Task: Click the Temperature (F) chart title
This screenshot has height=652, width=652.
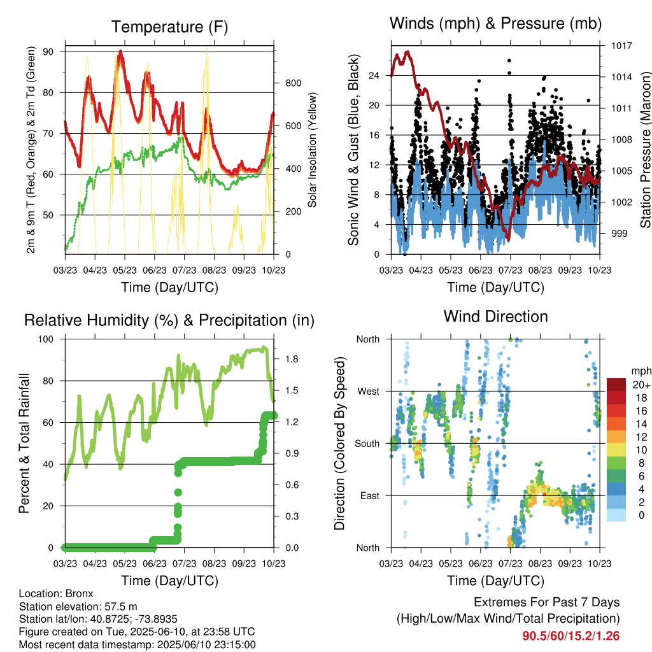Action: tap(169, 27)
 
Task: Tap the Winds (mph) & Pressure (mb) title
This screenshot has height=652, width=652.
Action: tap(495, 24)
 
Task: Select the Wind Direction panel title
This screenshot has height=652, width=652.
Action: tap(495, 316)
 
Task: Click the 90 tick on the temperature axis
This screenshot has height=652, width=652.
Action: tap(48, 52)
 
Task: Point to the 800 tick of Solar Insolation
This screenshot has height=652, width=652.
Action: tap(293, 83)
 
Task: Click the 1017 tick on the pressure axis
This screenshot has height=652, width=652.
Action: tap(621, 46)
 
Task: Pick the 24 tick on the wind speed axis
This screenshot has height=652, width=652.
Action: tap(374, 76)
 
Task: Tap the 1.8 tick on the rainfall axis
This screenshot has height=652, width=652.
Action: tap(292, 359)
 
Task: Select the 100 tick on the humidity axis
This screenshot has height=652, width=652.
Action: tap(46, 339)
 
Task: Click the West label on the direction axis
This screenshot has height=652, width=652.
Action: tap(369, 392)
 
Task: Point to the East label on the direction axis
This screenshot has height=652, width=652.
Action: tap(370, 495)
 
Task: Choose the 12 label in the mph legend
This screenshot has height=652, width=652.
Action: tap(641, 437)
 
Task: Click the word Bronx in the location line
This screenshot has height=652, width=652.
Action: tap(79, 593)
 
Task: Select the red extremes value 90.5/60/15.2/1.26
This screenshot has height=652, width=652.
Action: tap(571, 636)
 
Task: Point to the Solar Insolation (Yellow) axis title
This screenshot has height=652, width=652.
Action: tap(312, 150)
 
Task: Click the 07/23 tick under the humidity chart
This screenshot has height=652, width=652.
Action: tap(184, 563)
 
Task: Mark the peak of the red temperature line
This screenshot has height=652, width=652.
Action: tap(120, 51)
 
